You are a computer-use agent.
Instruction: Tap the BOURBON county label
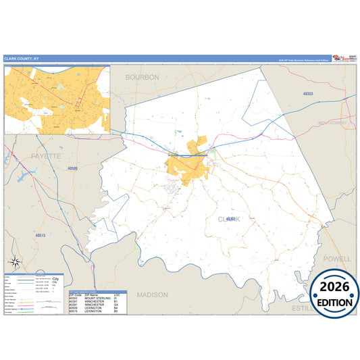click(x=143, y=78)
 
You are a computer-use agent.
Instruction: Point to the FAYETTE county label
click(x=46, y=156)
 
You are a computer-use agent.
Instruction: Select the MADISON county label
click(x=152, y=295)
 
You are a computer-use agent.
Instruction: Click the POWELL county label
click(x=337, y=259)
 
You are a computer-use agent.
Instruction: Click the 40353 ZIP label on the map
click(x=309, y=93)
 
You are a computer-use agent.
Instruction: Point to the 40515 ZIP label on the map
click(x=42, y=234)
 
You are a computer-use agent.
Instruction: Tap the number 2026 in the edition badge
click(x=335, y=287)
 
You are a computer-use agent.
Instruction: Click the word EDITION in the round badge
click(x=335, y=302)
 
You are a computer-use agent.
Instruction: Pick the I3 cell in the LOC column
click(x=116, y=298)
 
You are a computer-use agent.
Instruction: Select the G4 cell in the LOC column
click(x=116, y=305)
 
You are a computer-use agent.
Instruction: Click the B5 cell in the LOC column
click(x=116, y=311)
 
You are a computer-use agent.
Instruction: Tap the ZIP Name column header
click(x=93, y=294)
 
